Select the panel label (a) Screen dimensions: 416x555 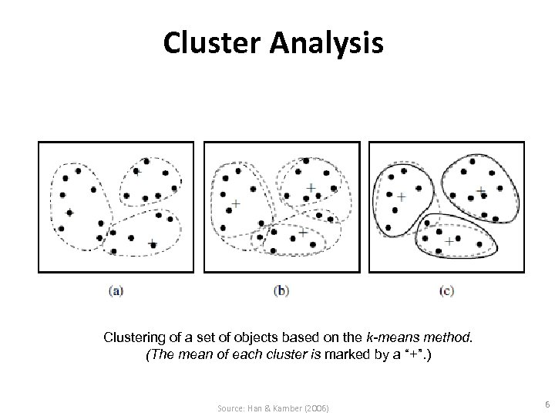point(115,290)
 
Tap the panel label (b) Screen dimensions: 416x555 point(281,290)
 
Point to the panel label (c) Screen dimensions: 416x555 point(446,290)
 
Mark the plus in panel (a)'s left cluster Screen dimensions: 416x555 point(69,213)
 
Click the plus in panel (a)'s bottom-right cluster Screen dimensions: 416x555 point(152,243)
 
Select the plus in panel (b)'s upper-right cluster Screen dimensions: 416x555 point(311,187)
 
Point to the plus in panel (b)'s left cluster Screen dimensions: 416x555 point(235,203)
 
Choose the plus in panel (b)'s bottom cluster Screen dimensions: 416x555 point(302,231)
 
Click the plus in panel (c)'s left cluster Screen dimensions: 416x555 point(400,197)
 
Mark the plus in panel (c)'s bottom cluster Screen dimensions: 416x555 point(449,242)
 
